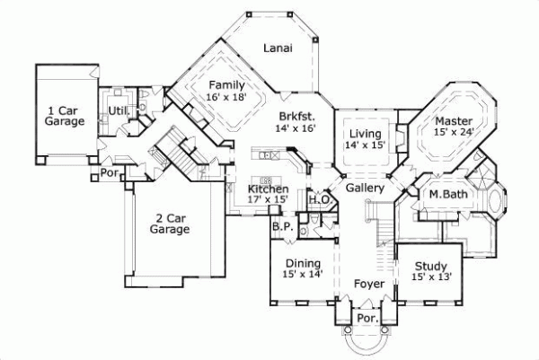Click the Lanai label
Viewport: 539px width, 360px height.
click(x=278, y=48)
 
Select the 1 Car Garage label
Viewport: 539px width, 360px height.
click(x=65, y=116)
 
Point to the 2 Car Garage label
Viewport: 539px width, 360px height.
click(x=170, y=223)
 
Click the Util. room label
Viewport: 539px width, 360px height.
click(x=117, y=110)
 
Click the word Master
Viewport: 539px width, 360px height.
click(x=454, y=120)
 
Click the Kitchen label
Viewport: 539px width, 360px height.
click(x=269, y=189)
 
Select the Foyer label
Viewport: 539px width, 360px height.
click(x=368, y=285)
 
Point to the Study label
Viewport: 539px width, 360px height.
click(x=431, y=266)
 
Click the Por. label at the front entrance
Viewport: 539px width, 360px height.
click(x=367, y=318)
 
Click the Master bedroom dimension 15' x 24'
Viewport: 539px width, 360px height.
click(x=454, y=132)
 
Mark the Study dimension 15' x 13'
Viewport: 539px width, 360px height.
click(x=431, y=277)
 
